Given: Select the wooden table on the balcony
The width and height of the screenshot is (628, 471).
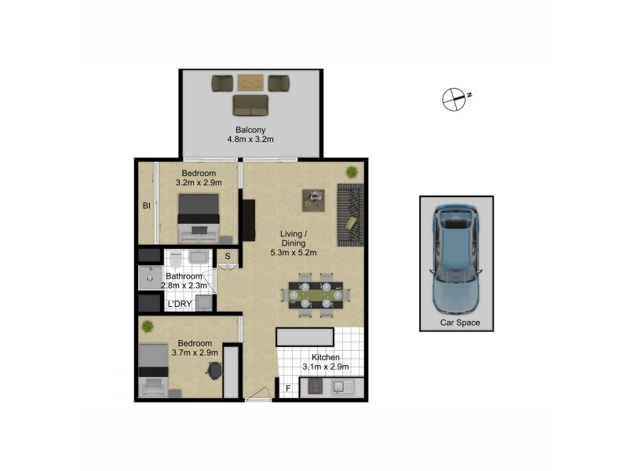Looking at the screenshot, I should click(x=251, y=82).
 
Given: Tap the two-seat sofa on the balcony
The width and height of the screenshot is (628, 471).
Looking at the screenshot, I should click(x=250, y=105).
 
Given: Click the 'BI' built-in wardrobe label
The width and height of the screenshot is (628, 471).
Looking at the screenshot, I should click(x=146, y=206).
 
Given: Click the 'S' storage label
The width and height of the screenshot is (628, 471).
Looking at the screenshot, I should click(x=228, y=256).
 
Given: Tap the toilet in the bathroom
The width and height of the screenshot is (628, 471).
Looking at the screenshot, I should click(x=175, y=258).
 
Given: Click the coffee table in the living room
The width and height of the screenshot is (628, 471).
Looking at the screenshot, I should click(x=316, y=199).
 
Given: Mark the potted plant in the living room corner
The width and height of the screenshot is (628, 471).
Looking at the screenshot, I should click(x=351, y=172).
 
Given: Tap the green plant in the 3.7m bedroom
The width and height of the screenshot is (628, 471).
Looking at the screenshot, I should click(x=146, y=324).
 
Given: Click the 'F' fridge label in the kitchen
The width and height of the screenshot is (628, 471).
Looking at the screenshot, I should click(x=288, y=388).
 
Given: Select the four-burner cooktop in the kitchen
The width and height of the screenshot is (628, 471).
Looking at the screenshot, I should click(x=314, y=387).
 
